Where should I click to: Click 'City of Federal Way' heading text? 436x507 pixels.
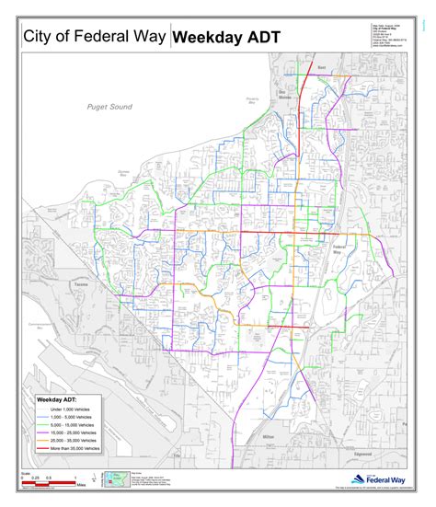pos(95,37)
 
